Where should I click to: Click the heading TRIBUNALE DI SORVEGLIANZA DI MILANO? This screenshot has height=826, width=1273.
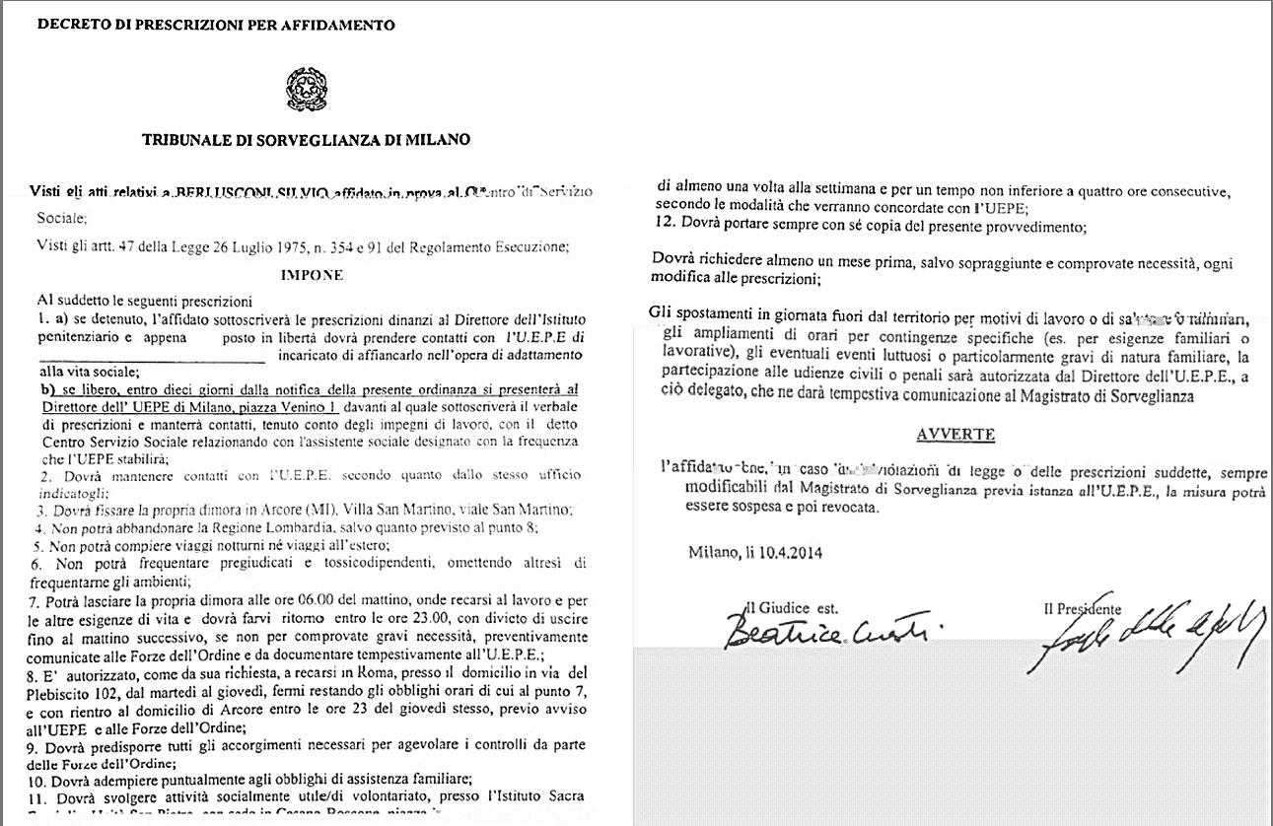306,140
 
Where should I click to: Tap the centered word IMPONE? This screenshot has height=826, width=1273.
312,275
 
